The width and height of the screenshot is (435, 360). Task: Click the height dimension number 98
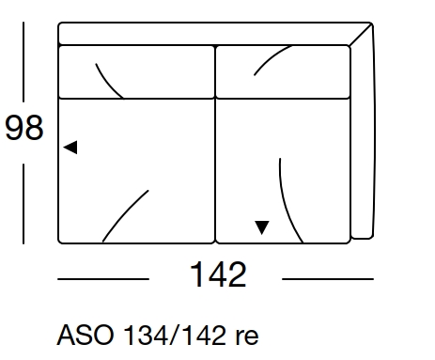click(x=24, y=128)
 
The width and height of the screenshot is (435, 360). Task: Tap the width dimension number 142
click(x=218, y=275)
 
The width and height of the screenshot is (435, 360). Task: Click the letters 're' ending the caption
click(x=245, y=336)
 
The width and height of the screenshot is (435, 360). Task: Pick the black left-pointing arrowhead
click(x=70, y=147)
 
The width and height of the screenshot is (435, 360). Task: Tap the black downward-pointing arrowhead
click(x=262, y=227)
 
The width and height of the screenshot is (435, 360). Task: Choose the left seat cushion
click(x=136, y=169)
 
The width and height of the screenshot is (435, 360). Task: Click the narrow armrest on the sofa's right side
click(x=364, y=141)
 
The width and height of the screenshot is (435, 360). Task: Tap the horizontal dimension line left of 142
click(x=102, y=279)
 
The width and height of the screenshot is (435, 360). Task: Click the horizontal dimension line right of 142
click(x=328, y=279)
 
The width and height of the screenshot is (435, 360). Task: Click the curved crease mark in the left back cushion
click(x=109, y=81)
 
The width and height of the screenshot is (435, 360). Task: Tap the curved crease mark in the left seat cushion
click(x=125, y=216)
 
